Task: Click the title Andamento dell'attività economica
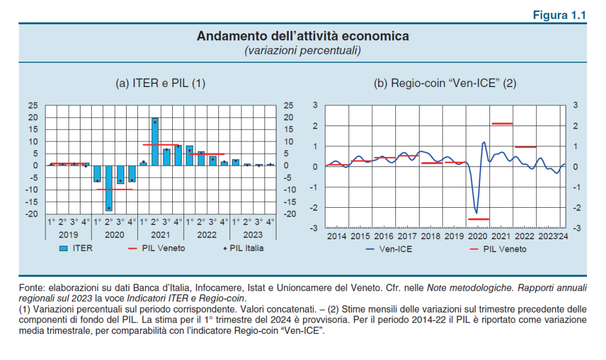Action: (x=302, y=37)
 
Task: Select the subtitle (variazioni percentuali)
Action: (x=302, y=51)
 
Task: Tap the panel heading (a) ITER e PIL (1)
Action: (x=160, y=83)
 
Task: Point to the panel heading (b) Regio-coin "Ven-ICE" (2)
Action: (x=445, y=83)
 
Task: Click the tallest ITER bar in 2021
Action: (x=154, y=142)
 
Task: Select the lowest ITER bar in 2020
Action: (x=109, y=188)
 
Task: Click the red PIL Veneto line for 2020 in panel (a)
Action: (x=115, y=189)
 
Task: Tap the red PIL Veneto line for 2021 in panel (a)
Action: (x=160, y=144)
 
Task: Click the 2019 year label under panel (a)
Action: (x=69, y=234)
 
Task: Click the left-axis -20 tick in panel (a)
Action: (x=33, y=214)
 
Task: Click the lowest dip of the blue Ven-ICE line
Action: (x=476, y=213)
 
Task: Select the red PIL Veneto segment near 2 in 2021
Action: (x=502, y=123)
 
